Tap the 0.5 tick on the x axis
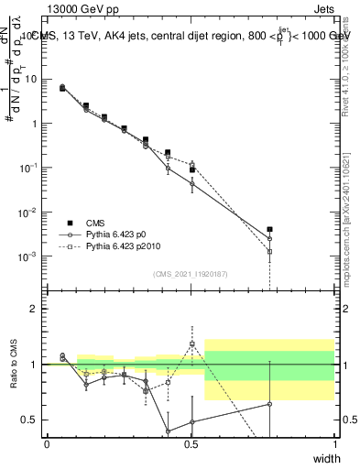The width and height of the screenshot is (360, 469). [x=191, y=444]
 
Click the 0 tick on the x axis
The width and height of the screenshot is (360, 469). [x=47, y=444]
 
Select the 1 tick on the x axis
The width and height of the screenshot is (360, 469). [x=334, y=444]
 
